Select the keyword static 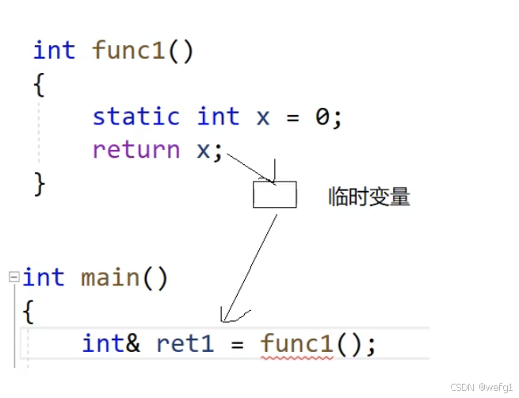click(135, 117)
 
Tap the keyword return click(135, 149)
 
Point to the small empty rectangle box click(274, 195)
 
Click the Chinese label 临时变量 click(369, 197)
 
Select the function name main click(110, 277)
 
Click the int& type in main click(110, 344)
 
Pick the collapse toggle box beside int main click(13, 277)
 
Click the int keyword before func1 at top click(54, 51)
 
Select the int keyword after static click(218, 117)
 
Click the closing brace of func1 click(39, 182)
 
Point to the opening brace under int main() click(29, 311)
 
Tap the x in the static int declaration click(263, 117)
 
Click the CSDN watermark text click(482, 387)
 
